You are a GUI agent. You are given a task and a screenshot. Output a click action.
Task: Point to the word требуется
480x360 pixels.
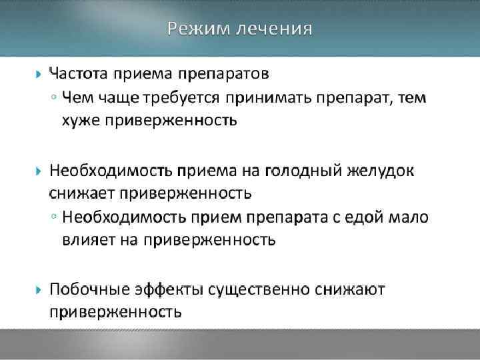tap(181, 99)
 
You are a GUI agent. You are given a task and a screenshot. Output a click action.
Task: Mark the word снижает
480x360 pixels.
tap(83, 194)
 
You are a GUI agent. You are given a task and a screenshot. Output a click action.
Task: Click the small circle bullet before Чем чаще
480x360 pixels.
tap(53, 99)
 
